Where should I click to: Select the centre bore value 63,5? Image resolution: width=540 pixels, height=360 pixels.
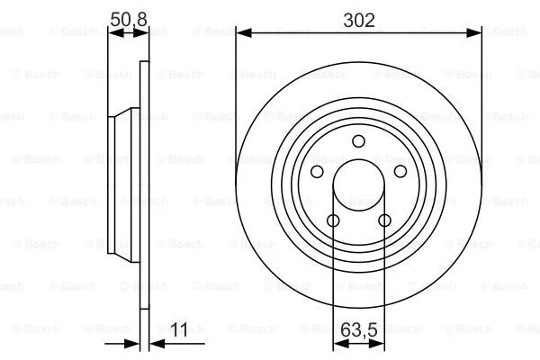click(x=358, y=330)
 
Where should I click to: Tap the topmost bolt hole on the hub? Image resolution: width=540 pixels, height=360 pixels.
click(x=358, y=140)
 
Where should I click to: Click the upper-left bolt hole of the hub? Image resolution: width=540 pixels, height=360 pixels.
click(x=317, y=171)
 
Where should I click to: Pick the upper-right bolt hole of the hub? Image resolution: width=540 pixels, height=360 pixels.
click(x=400, y=171)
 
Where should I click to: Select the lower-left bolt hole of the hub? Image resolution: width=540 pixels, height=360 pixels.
click(x=333, y=220)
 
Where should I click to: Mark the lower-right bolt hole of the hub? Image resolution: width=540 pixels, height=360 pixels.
click(x=384, y=220)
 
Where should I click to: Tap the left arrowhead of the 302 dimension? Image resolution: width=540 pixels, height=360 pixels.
click(x=242, y=33)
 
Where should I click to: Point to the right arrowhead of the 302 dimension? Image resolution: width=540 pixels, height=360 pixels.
click(x=475, y=33)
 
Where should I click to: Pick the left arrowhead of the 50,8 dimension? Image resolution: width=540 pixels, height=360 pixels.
click(x=112, y=31)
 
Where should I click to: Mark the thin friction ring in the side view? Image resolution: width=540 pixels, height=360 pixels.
click(x=142, y=270)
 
